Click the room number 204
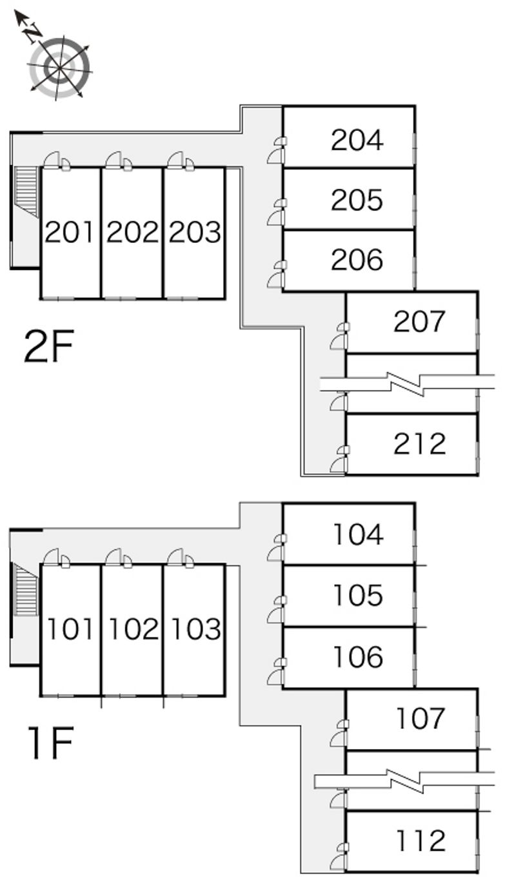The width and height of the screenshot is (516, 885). (357, 140)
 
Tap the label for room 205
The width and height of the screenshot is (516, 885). (357, 200)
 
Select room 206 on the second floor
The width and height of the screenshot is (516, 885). (357, 260)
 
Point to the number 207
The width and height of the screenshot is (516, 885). (419, 321)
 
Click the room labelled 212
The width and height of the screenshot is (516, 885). (419, 443)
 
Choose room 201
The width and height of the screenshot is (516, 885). (70, 232)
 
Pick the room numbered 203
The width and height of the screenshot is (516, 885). (195, 232)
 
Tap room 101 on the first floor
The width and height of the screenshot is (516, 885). (70, 629)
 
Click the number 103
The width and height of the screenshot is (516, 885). (195, 629)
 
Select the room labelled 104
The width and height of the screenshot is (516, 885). (358, 534)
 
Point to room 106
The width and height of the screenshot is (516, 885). (358, 657)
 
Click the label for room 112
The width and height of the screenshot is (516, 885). (421, 841)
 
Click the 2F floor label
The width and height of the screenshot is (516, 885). (49, 347)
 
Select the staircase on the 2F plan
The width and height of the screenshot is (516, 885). (27, 191)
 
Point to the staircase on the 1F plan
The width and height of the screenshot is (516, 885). (26, 589)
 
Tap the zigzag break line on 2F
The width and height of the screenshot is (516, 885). (407, 384)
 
